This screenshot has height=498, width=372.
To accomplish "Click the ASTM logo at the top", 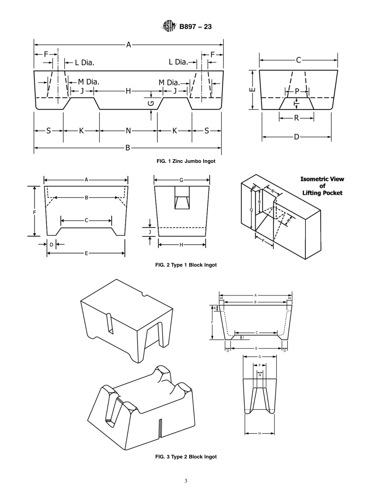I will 169,27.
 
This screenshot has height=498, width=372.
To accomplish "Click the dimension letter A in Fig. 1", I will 128,45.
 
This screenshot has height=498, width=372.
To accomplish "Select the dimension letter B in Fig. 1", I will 128,148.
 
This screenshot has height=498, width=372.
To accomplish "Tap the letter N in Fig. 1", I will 128,131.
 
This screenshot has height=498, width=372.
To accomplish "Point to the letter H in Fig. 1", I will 128,91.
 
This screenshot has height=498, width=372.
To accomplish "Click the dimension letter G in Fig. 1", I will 151,104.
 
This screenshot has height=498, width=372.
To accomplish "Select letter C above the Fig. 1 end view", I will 298,60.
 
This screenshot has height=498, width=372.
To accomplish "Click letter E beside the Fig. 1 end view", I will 253,90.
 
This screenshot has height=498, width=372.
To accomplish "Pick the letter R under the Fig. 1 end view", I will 296,118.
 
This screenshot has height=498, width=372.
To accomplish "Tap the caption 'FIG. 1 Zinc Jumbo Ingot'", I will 186,161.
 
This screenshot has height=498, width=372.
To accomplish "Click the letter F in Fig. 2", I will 34,212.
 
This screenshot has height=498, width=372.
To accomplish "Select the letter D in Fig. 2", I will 51,245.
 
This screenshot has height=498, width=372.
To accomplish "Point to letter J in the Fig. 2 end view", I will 150,232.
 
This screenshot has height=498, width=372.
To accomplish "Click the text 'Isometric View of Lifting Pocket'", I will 322,186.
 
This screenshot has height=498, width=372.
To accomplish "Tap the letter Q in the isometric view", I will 251,210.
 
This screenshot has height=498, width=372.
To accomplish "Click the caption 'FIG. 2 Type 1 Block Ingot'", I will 186,265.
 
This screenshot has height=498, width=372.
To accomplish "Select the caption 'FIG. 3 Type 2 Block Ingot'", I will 186,457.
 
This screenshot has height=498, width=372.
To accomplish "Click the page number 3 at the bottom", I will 186,481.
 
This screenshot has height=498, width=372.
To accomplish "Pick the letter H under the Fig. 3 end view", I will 260,433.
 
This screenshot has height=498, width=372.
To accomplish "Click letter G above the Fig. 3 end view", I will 260,357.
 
